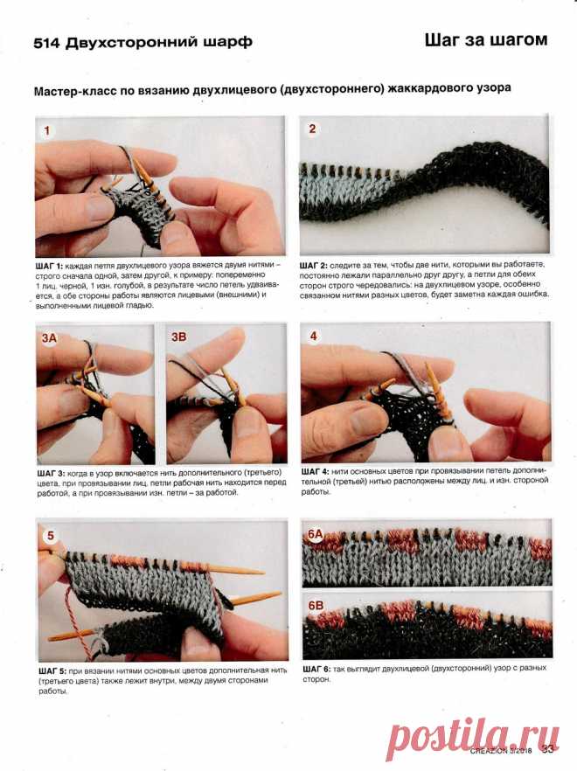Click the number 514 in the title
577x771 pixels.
46,44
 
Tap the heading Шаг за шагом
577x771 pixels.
486,40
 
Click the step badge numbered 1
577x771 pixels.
47,130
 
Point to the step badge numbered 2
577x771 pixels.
312,128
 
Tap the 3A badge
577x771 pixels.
49,337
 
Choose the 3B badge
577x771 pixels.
179,337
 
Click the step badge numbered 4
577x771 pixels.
313,336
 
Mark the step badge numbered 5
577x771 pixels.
51,536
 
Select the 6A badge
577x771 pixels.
315,534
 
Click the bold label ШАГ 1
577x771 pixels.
49,266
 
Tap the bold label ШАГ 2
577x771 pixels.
313,266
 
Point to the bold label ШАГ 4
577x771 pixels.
316,471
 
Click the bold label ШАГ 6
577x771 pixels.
316,670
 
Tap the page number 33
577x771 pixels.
547,749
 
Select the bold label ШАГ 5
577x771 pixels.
52,670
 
